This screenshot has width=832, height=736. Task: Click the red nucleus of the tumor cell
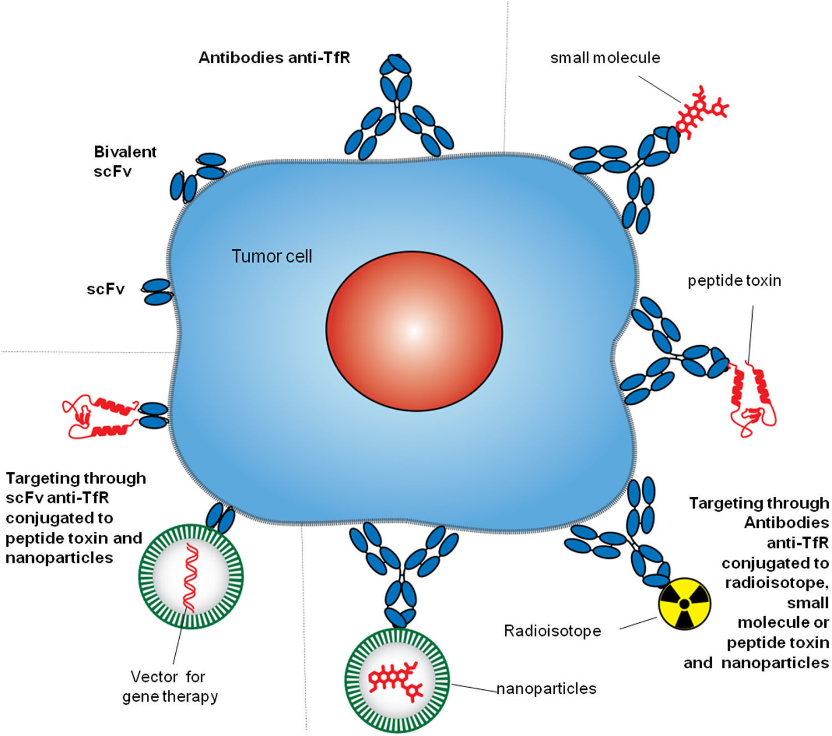[414, 331]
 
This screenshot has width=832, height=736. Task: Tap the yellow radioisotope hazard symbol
[684, 603]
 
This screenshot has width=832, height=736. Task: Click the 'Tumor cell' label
[272, 256]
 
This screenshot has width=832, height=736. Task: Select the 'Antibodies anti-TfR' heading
[274, 58]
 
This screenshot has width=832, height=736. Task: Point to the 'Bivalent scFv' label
[125, 161]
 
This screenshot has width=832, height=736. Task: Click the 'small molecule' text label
[605, 58]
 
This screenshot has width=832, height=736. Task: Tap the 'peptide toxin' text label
[734, 281]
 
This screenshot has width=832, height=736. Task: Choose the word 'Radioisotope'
[552, 631]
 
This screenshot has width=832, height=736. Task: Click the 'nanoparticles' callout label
[546, 689]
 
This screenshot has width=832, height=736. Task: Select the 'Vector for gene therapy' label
[170, 687]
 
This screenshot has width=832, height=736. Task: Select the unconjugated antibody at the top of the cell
[398, 108]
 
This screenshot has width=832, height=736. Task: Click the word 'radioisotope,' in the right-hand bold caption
[777, 583]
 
